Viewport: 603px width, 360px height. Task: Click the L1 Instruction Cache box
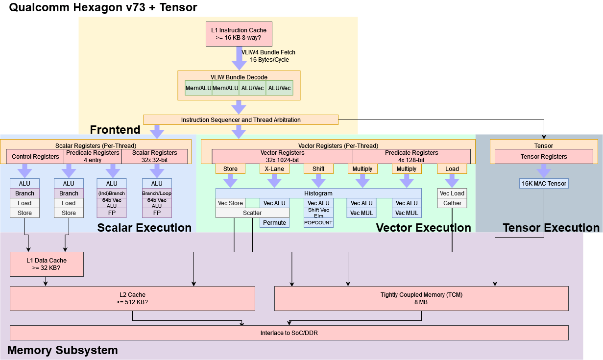tap(239, 34)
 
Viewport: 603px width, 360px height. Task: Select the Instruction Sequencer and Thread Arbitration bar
tap(241, 120)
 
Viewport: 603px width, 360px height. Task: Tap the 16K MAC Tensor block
tap(543, 184)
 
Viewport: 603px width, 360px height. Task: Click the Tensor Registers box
tap(544, 157)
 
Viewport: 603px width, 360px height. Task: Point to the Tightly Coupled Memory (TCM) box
tap(421, 298)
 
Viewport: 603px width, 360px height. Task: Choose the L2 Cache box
tap(132, 298)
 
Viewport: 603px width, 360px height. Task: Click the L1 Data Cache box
tap(47, 264)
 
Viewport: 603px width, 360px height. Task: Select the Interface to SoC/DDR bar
tap(289, 333)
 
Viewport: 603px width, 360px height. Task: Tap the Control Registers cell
tap(35, 157)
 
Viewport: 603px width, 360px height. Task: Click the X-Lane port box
tap(274, 169)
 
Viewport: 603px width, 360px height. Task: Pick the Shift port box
tap(318, 169)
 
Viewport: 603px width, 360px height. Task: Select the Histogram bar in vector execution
tap(318, 193)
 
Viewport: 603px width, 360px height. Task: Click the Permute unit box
tap(274, 223)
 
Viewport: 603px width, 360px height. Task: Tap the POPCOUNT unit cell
tap(318, 223)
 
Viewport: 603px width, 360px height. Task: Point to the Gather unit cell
tap(452, 203)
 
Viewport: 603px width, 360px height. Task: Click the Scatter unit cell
tap(252, 213)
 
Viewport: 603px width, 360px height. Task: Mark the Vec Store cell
tap(230, 203)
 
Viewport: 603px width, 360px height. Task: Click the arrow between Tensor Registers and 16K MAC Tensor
tap(543, 171)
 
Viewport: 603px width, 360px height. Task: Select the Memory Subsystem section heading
tap(63, 350)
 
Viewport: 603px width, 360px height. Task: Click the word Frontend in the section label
tap(115, 130)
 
